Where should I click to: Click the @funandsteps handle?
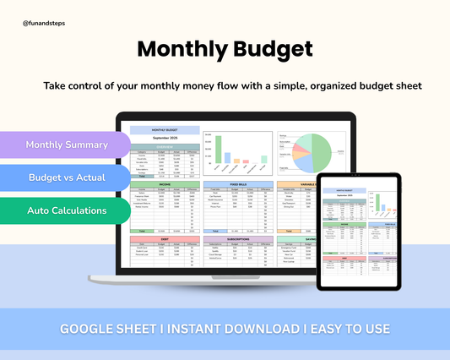pyautogui.click(x=44, y=23)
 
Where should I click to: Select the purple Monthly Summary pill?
pyautogui.click(x=67, y=145)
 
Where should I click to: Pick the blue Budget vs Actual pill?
pyautogui.click(x=67, y=177)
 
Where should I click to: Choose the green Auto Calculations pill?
pyautogui.click(x=67, y=210)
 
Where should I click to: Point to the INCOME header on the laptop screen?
pyautogui.click(x=165, y=183)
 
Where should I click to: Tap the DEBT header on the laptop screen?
pyautogui.click(x=165, y=239)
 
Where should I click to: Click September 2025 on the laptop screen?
pyautogui.click(x=165, y=137)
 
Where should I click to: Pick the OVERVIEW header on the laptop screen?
pyautogui.click(x=165, y=146)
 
